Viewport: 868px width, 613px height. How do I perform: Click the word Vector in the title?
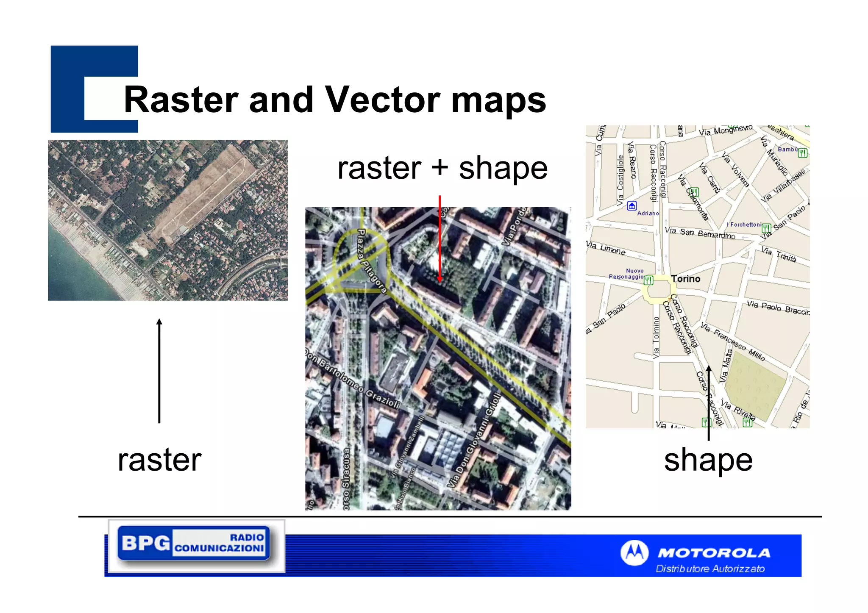(383, 100)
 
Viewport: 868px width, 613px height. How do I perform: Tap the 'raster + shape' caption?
(442, 168)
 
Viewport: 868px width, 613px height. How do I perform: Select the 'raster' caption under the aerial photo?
(159, 460)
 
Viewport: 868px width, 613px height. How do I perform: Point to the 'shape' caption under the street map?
(708, 460)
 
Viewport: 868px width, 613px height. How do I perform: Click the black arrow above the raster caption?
(159, 370)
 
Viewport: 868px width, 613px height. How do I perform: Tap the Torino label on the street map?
(685, 279)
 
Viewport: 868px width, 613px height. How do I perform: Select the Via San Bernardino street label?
(700, 233)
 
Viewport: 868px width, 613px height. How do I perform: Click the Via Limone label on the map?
(606, 248)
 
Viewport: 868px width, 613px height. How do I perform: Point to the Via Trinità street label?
(779, 255)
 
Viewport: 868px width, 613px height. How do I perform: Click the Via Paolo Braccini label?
(778, 308)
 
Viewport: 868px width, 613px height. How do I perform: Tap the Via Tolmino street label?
(656, 338)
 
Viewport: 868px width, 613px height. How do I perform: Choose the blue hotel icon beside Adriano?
(632, 206)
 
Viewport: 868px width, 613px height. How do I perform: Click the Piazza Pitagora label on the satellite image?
(372, 261)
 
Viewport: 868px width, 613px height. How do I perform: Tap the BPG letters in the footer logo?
(145, 543)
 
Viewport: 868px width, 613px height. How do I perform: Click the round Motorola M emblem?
(634, 553)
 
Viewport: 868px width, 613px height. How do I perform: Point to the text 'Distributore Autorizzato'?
(710, 569)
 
